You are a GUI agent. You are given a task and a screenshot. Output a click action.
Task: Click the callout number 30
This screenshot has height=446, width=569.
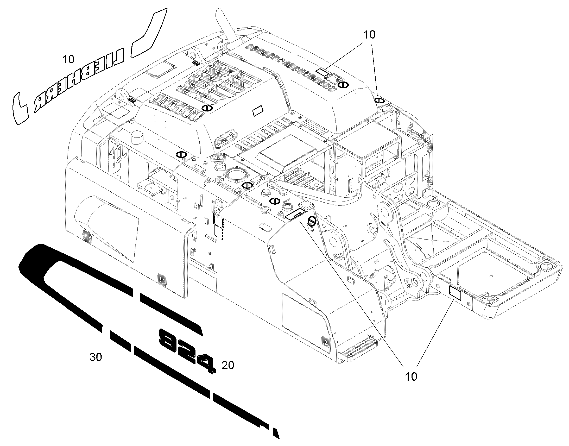tap(96, 357)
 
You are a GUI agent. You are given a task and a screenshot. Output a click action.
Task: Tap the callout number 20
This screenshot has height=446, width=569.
tap(227, 365)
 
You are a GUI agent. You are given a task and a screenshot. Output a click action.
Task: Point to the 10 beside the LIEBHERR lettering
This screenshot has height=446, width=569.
tap(68, 59)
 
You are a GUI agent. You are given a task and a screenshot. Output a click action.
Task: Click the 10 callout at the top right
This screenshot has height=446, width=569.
tap(370, 35)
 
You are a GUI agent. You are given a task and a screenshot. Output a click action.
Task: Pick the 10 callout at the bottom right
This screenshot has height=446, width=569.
tap(411, 377)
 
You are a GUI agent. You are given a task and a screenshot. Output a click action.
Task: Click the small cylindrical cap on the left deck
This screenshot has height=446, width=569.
tap(137, 137)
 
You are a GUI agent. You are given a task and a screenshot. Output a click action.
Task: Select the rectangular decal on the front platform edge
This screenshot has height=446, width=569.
tap(455, 293)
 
